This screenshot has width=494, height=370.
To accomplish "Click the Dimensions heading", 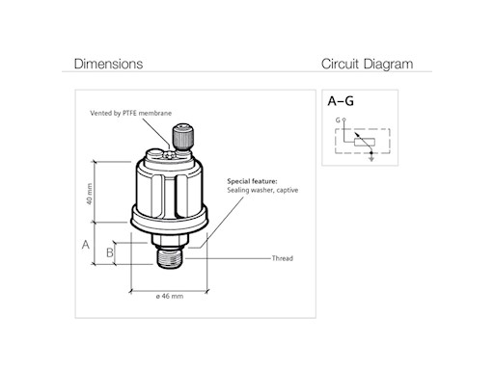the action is [108, 64].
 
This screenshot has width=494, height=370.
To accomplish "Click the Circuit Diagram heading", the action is [367, 65].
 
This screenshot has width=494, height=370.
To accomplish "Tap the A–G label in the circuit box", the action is [341, 101].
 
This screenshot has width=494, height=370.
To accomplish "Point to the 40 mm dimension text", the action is [90, 194].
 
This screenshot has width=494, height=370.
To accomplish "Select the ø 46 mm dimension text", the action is [170, 296].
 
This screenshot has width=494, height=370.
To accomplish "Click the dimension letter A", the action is [86, 245].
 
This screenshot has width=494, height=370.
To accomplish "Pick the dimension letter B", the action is [110, 252].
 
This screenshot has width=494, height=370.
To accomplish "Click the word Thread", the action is [283, 258].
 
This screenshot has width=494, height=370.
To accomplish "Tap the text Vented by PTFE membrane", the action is [130, 113].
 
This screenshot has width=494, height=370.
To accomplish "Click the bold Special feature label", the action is [252, 181].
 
